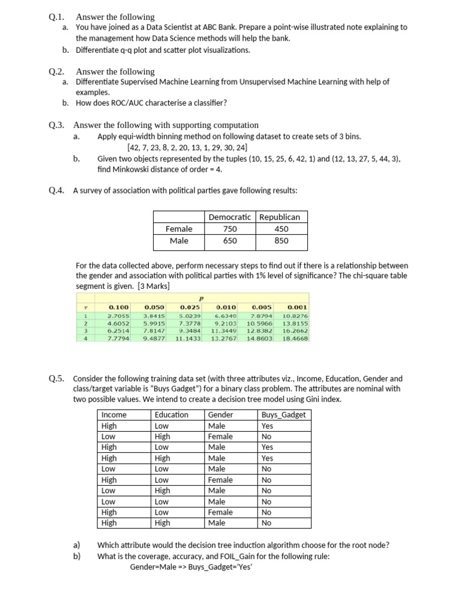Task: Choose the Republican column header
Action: point(281,217)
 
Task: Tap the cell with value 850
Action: point(281,240)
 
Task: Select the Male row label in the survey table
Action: point(179,240)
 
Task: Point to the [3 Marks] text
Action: point(154,286)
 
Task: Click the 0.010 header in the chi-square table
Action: point(226,307)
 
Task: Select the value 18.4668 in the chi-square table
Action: point(295,338)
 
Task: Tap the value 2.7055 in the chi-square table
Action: point(118,315)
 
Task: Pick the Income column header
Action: point(114,414)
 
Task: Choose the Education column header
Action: point(171,414)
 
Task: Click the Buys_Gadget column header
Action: point(283,414)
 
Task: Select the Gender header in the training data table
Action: point(220,414)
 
